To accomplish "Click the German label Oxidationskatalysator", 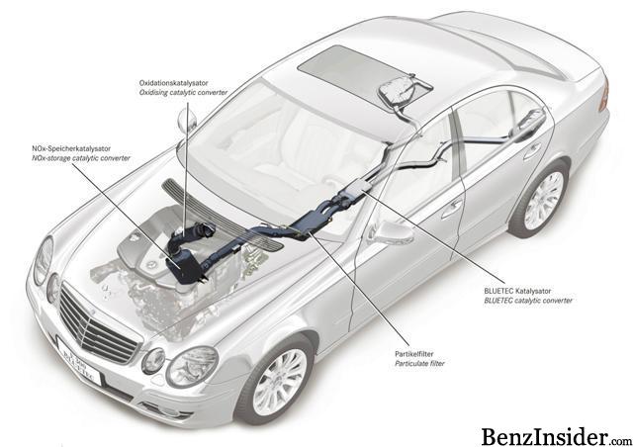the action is pos(174,83).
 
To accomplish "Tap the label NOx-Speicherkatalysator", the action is pos(71,148).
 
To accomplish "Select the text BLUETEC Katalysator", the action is pos(517,291).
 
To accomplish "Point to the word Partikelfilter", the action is pos(414,354).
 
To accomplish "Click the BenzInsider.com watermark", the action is pos(557,436).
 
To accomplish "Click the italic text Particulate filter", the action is pos(419,363).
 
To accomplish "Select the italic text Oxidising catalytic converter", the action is pos(183,93).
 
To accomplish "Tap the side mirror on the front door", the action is pos(391,233).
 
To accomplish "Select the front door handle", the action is pos(452,209).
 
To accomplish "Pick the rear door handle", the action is pos(532,151).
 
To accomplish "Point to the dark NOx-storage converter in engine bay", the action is pos(182,265).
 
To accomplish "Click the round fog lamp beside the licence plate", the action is pos(153,361).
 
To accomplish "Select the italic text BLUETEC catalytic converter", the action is pos(528,301).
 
